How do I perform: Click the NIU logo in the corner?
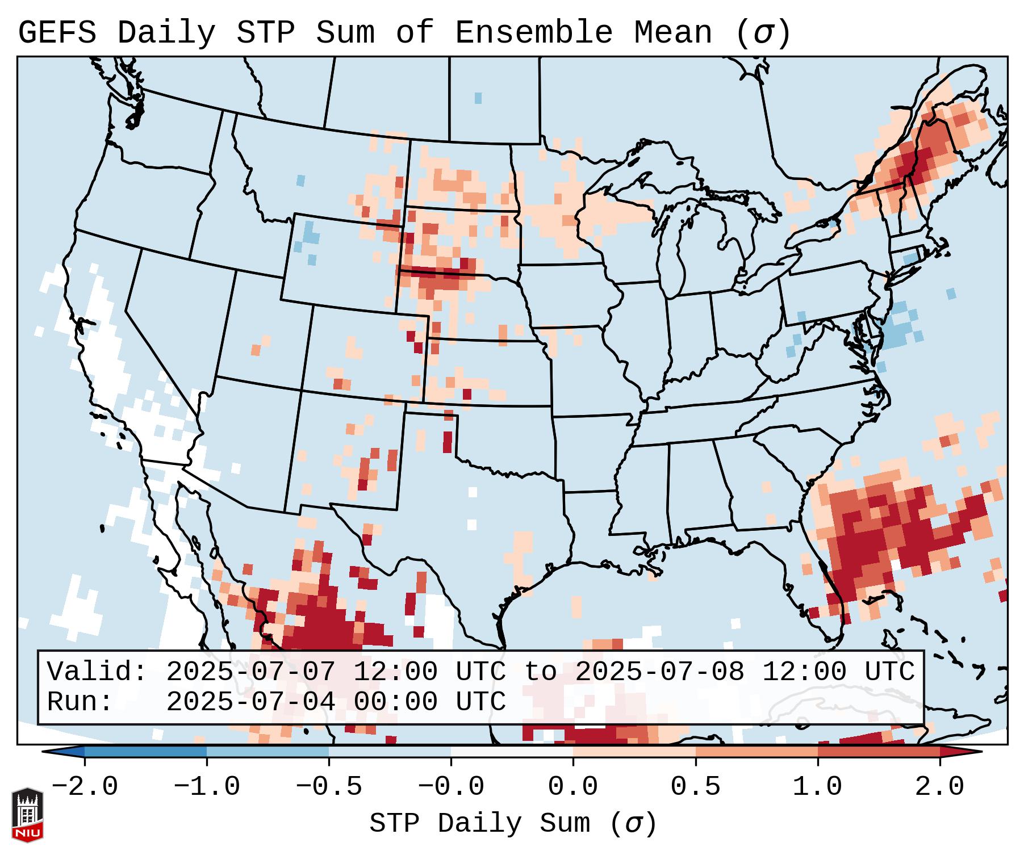click(x=27, y=814)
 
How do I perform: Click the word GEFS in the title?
click(x=57, y=33)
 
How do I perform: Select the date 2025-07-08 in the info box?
click(x=659, y=672)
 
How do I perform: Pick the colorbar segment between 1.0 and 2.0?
click(x=879, y=752)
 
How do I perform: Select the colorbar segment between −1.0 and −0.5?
click(x=268, y=752)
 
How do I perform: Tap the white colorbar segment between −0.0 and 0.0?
click(x=512, y=752)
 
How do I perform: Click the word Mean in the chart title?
click(x=673, y=33)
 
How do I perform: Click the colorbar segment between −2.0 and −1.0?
click(x=145, y=752)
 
